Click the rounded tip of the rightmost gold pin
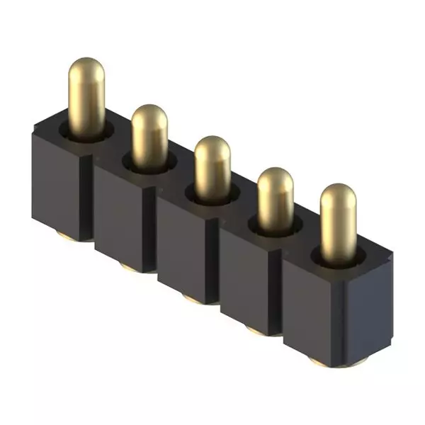click(x=337, y=196)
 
